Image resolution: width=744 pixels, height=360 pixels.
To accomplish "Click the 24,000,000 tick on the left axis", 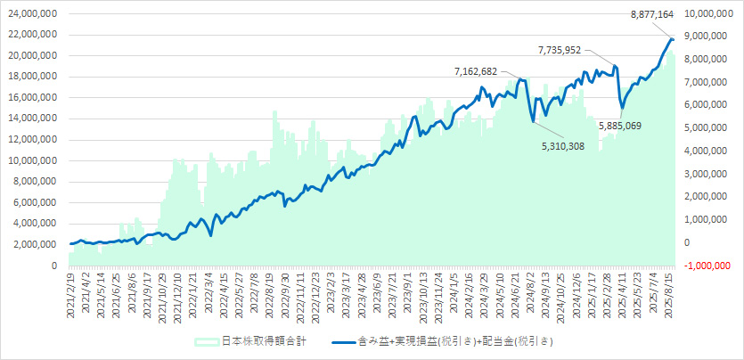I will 29,14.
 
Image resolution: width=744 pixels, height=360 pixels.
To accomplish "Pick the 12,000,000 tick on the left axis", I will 29,140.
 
